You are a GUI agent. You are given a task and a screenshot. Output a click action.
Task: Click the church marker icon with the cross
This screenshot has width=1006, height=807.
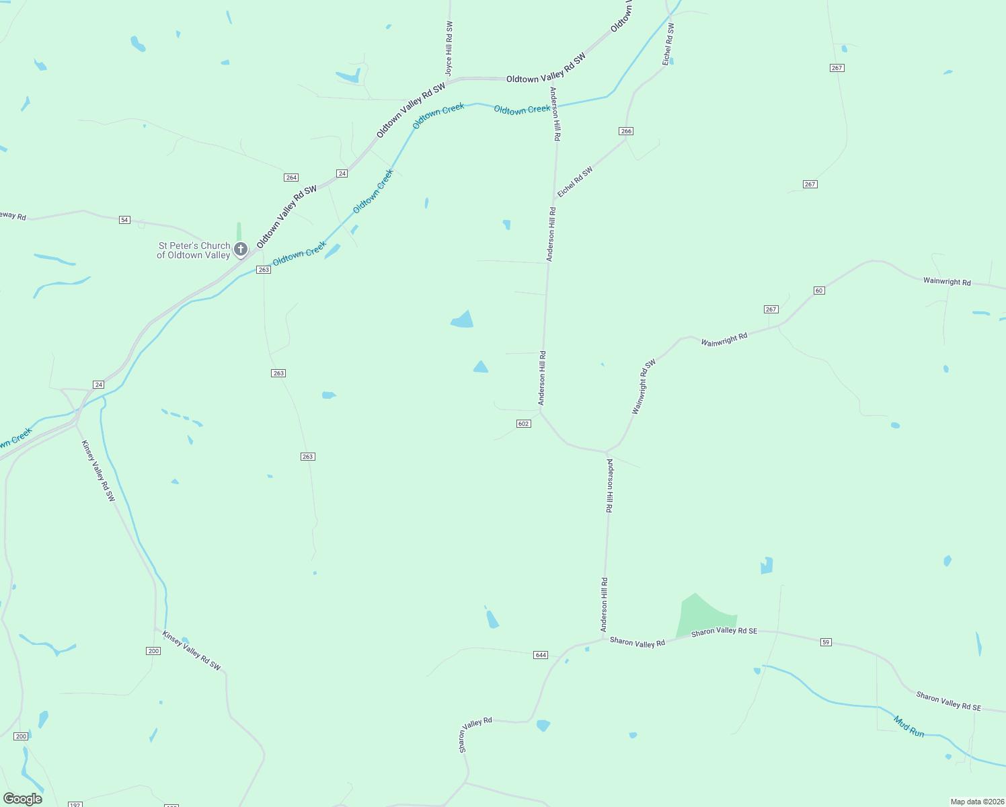click(240, 249)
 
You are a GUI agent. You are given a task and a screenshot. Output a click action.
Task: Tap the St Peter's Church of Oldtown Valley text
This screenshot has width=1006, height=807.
click(194, 250)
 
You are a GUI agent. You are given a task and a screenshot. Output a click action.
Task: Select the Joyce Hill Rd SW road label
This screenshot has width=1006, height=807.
click(449, 48)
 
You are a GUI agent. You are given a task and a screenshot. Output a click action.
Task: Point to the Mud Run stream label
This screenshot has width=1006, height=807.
click(909, 726)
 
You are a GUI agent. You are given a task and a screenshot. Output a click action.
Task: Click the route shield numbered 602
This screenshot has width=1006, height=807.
click(524, 424)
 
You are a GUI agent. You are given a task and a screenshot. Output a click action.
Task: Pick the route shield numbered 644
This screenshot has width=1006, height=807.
click(541, 655)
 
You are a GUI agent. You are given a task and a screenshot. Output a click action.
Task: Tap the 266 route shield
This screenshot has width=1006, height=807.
click(626, 131)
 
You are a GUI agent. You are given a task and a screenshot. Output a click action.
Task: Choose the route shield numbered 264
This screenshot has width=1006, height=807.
click(291, 178)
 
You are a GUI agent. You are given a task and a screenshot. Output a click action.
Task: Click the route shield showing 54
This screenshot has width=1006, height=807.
click(124, 220)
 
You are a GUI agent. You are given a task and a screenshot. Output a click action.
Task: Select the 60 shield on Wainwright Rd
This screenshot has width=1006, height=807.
click(818, 291)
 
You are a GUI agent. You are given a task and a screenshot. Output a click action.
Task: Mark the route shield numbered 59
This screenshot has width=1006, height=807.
click(826, 642)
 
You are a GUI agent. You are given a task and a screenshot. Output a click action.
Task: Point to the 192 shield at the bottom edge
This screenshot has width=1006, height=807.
click(75, 804)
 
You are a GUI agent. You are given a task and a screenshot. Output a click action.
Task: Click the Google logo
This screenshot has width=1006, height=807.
click(23, 799)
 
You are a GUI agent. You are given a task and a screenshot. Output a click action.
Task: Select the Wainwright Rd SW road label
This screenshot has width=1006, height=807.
click(644, 387)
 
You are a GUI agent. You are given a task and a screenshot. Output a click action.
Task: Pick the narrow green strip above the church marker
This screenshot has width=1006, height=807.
click(239, 231)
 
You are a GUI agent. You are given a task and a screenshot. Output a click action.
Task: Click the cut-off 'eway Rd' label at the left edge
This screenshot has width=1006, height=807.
click(13, 216)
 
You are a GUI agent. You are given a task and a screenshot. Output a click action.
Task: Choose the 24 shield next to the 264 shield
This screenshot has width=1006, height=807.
click(342, 174)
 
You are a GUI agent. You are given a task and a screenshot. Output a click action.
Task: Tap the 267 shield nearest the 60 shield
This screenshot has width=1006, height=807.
click(771, 309)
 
